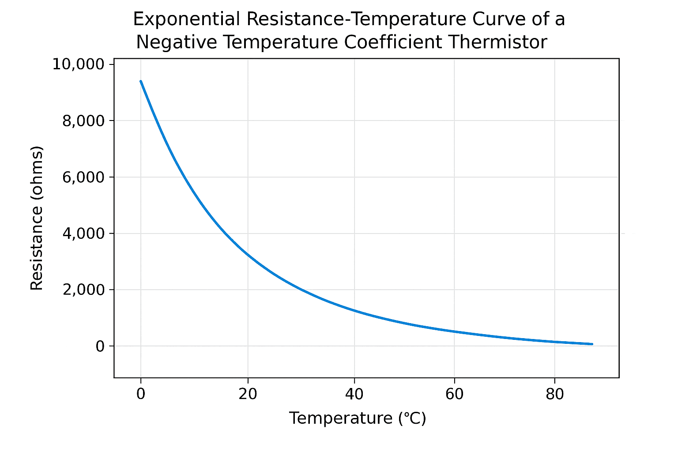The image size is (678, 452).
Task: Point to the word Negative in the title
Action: (x=176, y=42)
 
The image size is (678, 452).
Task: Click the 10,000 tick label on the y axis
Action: (x=78, y=64)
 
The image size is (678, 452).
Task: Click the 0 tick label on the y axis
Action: (x=100, y=346)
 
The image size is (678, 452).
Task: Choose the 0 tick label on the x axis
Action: (x=141, y=394)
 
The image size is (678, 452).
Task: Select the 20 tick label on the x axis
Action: (x=248, y=394)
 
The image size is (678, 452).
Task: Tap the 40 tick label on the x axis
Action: (x=354, y=394)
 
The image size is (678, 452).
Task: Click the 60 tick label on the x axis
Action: (x=454, y=394)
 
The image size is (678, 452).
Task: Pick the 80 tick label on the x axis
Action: (x=554, y=394)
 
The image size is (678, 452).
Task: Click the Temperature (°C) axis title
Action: (x=358, y=418)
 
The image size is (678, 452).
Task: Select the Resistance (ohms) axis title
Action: (x=37, y=218)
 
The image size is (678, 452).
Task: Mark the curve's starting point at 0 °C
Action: (x=141, y=81)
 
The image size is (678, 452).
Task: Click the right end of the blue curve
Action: (x=591, y=344)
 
